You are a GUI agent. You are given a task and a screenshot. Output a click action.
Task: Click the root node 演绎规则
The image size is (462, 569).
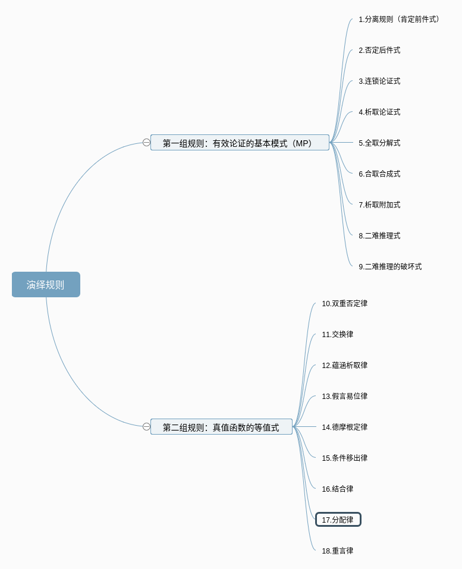[46, 284]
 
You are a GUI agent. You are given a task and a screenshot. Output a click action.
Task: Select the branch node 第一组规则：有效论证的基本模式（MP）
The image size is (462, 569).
[240, 143]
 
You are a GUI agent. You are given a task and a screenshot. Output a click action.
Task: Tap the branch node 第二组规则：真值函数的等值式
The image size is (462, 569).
[221, 427]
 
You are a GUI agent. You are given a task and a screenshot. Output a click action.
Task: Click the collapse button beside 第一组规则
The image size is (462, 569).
[146, 143]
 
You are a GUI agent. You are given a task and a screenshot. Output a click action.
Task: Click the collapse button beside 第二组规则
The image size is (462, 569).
[146, 427]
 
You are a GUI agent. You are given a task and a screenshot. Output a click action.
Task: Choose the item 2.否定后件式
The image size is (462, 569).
[379, 50]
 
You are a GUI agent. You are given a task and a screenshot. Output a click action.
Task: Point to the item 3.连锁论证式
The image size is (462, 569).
[379, 81]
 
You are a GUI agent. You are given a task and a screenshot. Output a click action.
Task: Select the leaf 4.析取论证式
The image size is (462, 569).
[379, 112]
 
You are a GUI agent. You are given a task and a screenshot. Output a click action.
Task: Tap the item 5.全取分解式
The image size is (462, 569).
[379, 143]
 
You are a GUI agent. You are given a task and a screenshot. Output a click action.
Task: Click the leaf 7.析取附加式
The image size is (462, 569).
[379, 205]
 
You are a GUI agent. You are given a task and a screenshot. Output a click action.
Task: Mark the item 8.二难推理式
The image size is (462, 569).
[379, 235]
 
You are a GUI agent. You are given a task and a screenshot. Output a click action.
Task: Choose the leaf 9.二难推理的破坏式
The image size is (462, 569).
[390, 266]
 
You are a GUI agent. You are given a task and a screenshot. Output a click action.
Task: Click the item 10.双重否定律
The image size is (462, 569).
[345, 303]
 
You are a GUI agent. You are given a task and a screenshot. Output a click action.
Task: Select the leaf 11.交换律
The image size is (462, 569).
[338, 334]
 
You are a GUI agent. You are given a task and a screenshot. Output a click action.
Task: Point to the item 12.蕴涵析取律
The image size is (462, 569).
[345, 365]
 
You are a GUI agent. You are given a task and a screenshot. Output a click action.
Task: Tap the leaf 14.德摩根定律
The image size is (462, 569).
[345, 427]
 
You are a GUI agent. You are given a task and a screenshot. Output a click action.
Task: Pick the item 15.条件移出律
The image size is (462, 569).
[345, 458]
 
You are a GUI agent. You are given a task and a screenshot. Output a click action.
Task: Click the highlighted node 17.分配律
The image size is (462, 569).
[338, 520]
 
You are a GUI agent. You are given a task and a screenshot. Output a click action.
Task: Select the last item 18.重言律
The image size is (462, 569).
[338, 551]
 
